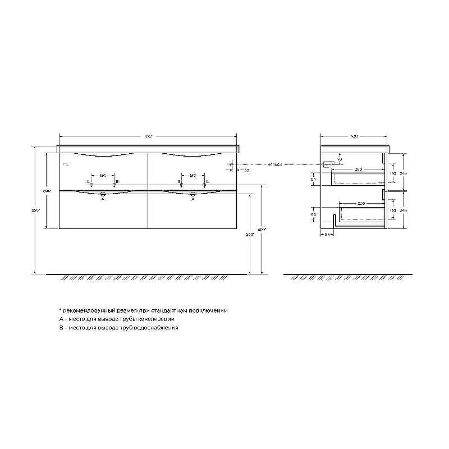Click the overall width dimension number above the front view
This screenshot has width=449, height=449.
point(148,136)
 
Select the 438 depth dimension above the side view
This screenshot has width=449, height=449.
point(354,136)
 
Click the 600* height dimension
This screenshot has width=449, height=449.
point(261,229)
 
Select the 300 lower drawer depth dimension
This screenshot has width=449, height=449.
point(361,203)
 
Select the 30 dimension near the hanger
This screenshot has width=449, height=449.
point(246,169)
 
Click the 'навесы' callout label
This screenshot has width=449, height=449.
point(274,164)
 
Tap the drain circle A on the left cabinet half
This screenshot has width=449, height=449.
point(103,193)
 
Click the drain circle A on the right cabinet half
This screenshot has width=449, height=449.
point(193,193)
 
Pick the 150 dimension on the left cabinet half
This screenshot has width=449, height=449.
point(103,176)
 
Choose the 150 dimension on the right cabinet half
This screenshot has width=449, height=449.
point(193,176)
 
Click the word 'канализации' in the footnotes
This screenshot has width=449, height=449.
point(155,319)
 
